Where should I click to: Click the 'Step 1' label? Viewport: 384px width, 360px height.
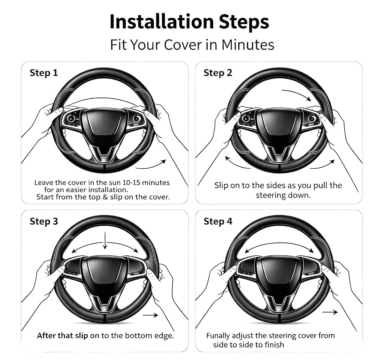(x=44, y=73)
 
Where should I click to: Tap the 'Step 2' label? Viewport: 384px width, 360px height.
(x=218, y=73)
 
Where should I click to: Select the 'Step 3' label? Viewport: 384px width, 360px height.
(x=44, y=221)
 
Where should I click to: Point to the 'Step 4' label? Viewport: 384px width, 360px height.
(x=218, y=221)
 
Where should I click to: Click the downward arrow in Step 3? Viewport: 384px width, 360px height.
(x=105, y=241)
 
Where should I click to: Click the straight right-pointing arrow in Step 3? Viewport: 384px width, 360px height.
(x=151, y=315)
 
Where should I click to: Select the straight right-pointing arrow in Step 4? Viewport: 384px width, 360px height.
(x=330, y=312)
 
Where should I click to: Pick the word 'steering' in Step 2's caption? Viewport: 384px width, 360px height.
(x=271, y=195)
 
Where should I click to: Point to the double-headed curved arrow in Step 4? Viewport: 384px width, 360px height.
(x=279, y=244)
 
